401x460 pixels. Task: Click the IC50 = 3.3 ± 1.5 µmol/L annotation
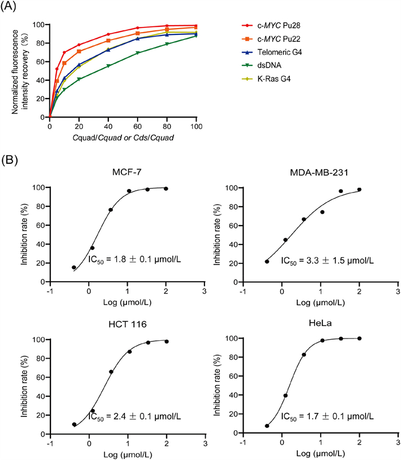(x=328, y=261)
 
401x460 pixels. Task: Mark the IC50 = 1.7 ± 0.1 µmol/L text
(x=328, y=412)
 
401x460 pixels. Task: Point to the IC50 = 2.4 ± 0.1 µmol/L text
(x=135, y=412)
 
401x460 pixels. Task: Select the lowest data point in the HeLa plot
(x=267, y=426)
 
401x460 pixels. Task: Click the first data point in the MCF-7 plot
(x=74, y=268)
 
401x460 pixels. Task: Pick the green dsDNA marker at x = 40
(x=108, y=66)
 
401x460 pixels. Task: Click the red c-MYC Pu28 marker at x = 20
(x=79, y=45)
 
